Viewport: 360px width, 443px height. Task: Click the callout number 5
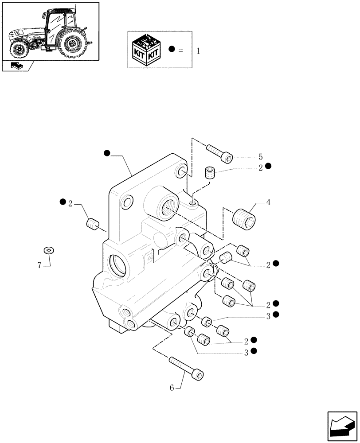(x=261, y=157)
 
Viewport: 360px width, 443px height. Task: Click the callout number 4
(x=268, y=203)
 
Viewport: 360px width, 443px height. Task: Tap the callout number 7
(x=39, y=265)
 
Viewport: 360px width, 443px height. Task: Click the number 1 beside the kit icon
(x=198, y=51)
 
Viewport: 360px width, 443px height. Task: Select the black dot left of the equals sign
(x=172, y=50)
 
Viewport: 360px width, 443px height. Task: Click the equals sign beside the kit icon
(x=180, y=51)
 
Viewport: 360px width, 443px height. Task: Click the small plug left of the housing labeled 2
(x=92, y=224)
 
